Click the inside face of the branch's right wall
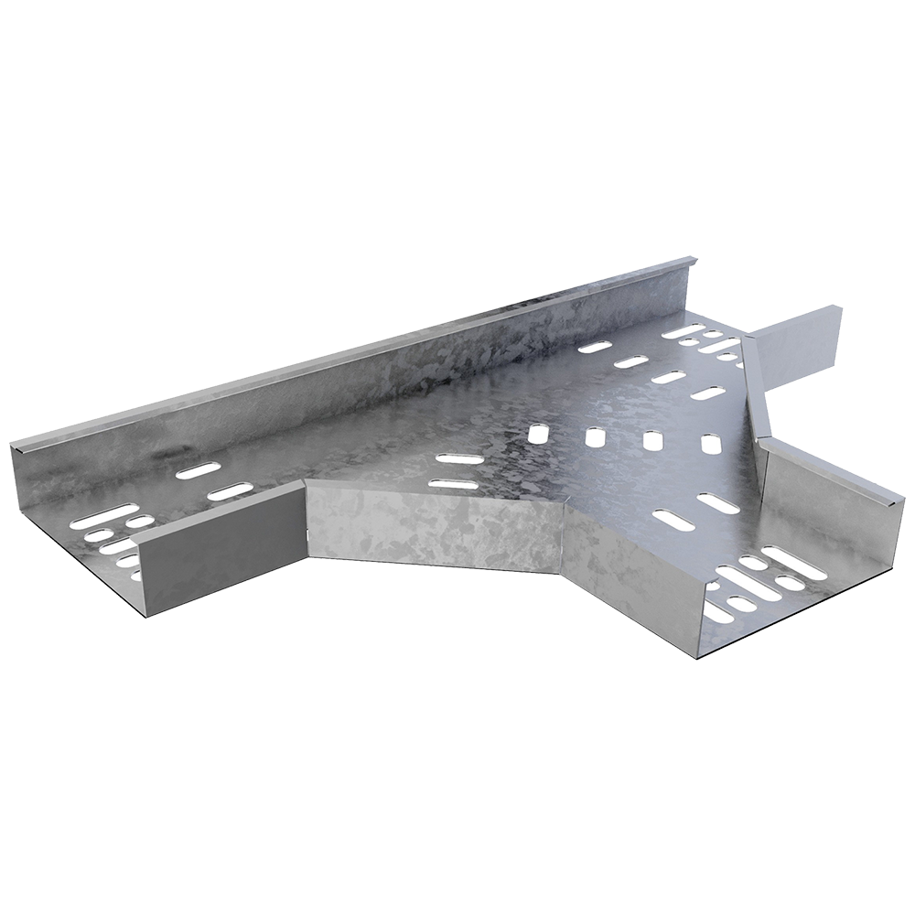814,512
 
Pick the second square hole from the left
596,436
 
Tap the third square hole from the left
653,440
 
